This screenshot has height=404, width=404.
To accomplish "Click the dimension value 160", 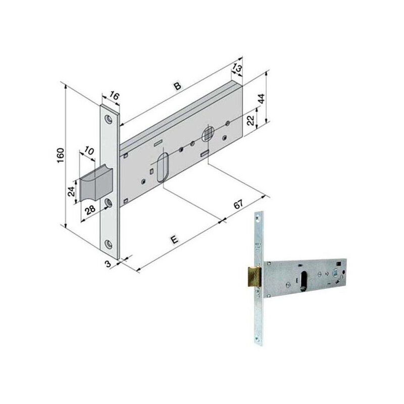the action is click(x=60, y=156).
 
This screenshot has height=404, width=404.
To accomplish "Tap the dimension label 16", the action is click(x=114, y=96).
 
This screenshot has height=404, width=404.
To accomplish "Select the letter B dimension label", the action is click(x=178, y=86).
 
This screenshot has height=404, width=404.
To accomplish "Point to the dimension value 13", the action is click(x=237, y=68).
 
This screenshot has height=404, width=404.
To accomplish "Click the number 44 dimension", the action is click(x=262, y=99).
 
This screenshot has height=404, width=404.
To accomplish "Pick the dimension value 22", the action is click(x=250, y=120).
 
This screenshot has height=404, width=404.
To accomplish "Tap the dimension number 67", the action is click(x=238, y=205).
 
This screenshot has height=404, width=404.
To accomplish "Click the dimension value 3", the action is click(x=108, y=264).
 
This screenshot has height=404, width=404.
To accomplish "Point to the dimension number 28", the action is click(x=90, y=210).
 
